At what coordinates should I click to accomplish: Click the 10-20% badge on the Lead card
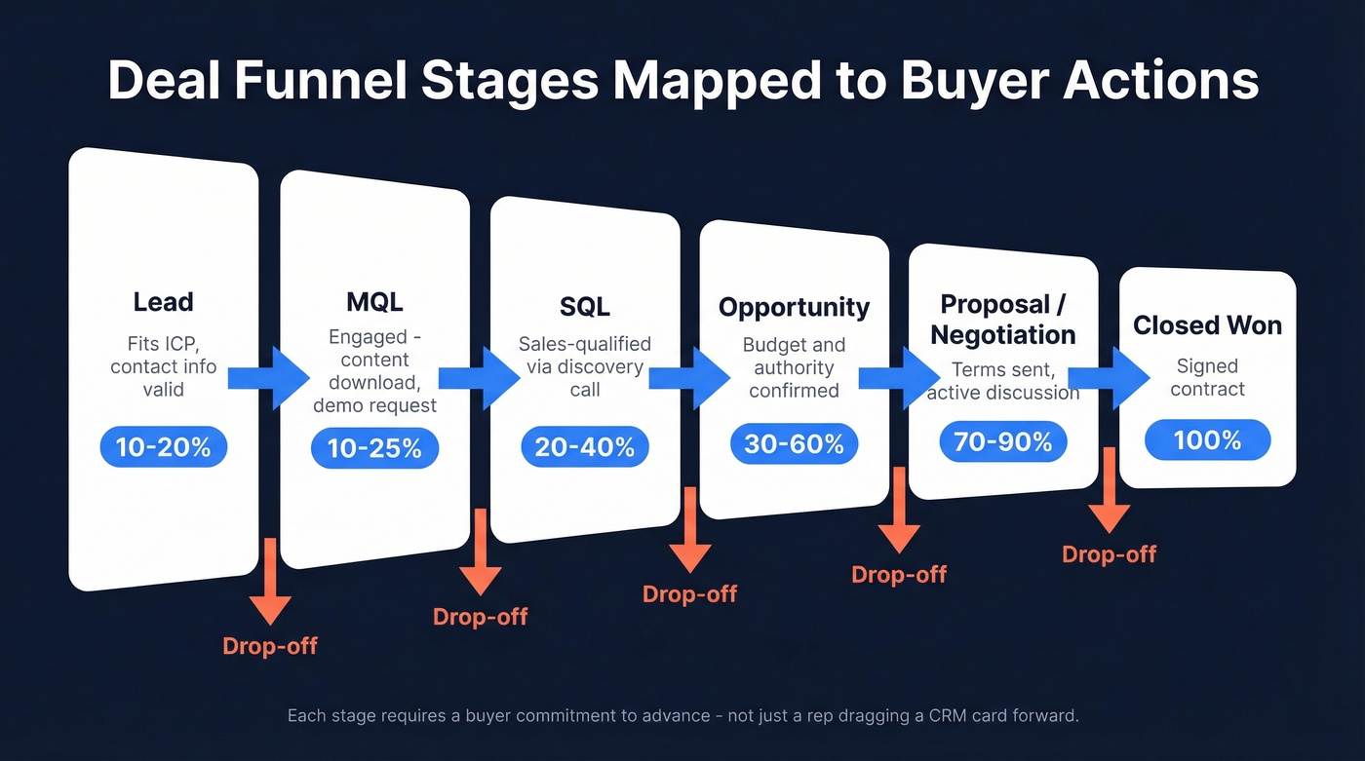(x=163, y=447)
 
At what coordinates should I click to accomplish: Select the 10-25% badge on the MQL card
(x=374, y=448)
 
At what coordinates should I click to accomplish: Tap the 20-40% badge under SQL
(x=584, y=446)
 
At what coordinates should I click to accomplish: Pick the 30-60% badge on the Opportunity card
(x=794, y=443)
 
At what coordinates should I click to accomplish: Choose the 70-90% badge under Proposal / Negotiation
(x=1002, y=441)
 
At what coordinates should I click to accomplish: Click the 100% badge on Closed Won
(x=1207, y=439)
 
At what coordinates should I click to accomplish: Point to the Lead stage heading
(x=163, y=302)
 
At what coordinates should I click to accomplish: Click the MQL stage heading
(x=374, y=302)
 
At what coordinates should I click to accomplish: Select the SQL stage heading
(x=584, y=307)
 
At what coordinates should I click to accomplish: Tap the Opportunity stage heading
(x=794, y=307)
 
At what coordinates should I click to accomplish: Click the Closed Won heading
(x=1207, y=324)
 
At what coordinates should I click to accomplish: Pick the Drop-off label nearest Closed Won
(x=1109, y=554)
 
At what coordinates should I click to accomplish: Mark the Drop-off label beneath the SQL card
(x=689, y=593)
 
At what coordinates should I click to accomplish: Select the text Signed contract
(x=1207, y=377)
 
